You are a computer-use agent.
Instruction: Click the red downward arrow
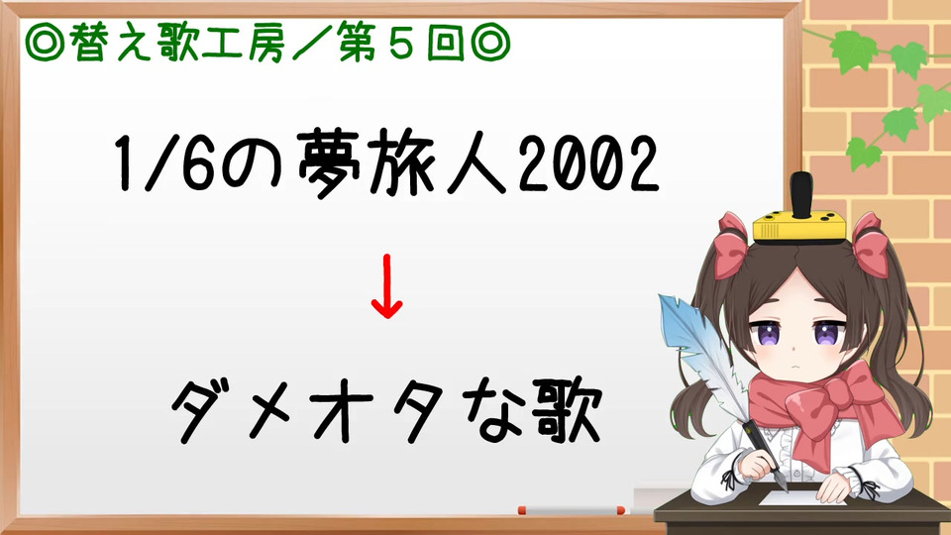pos(387,286)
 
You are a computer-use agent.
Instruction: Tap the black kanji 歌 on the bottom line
pos(567,409)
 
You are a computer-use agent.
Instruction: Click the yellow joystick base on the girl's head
pos(799,226)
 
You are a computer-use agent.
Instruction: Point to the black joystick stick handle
pos(801,190)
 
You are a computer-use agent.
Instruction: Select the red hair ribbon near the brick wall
pos(871,245)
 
